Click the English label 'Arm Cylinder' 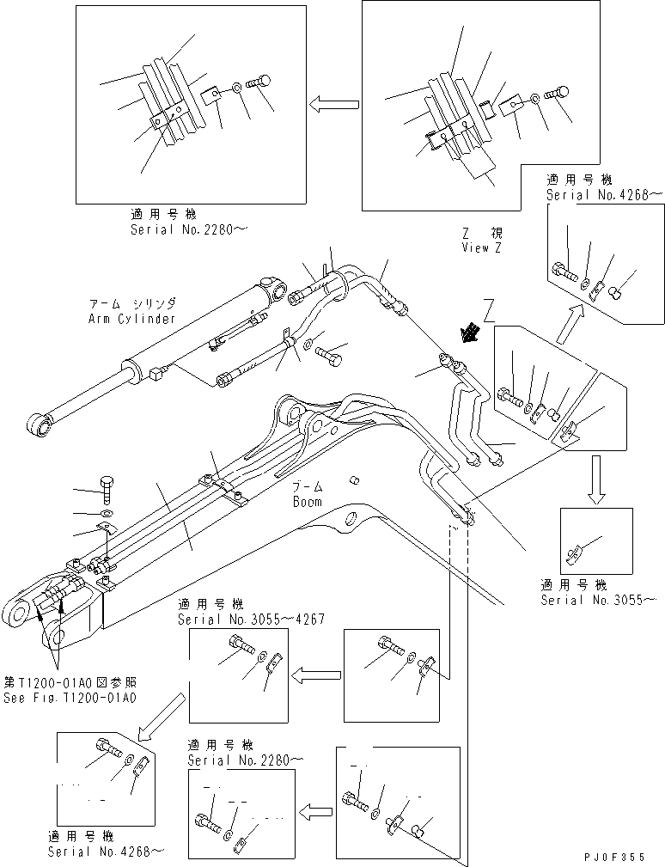coord(131,319)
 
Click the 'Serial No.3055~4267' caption coord(250,619)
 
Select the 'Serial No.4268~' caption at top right coord(604,195)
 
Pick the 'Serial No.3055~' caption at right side coord(598,599)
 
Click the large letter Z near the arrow coord(488,307)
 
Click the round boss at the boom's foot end coord(18,613)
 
